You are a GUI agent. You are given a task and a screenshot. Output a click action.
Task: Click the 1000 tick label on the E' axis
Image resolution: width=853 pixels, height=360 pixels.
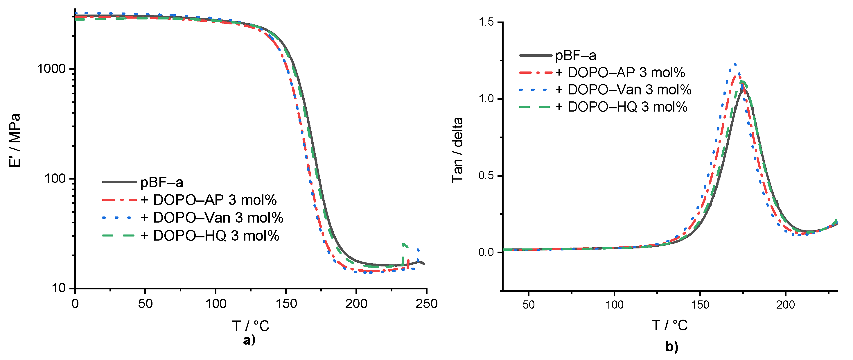tap(51, 69)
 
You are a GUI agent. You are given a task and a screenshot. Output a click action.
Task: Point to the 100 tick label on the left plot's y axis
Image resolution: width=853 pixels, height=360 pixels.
tap(55, 178)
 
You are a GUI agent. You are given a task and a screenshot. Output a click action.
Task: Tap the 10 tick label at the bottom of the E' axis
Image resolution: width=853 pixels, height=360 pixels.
tap(59, 288)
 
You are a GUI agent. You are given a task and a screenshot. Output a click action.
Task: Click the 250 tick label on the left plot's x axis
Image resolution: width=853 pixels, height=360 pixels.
tap(426, 304)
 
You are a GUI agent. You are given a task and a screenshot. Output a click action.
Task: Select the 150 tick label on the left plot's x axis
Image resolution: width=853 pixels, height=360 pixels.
tap(286, 304)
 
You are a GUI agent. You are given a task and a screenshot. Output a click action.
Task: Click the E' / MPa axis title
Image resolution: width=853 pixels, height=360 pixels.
tap(15, 140)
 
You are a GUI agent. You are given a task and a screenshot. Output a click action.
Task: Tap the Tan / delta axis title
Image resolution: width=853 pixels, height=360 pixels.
tap(457, 150)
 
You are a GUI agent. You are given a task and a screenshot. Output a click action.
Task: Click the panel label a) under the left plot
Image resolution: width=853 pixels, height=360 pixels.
tap(249, 340)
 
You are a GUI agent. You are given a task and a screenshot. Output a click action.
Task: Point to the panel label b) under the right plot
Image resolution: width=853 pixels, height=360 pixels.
tap(672, 347)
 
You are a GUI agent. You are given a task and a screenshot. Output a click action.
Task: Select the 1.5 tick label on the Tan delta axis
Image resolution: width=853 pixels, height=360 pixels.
tap(486, 22)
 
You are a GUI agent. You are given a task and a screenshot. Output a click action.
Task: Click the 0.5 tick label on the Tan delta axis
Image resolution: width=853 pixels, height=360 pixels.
tap(486, 175)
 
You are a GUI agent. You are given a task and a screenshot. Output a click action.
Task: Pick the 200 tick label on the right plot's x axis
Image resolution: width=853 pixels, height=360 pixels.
tap(785, 305)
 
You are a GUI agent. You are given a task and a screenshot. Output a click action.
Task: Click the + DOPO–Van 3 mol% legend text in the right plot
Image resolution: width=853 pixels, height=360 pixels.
tap(624, 90)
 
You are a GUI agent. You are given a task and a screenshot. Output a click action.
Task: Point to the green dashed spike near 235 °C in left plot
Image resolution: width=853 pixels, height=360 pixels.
tap(403, 245)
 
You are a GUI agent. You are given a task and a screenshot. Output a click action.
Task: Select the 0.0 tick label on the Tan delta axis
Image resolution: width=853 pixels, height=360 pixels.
tap(486, 252)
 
